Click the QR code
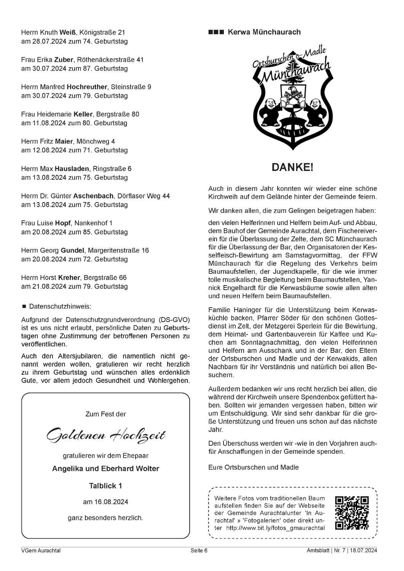[x=351, y=513]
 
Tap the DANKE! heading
[x=292, y=167]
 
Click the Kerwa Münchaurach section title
[x=264, y=32]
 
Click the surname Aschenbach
[x=93, y=196]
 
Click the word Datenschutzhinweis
[x=60, y=306]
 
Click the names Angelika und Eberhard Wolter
[x=105, y=469]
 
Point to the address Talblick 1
[x=105, y=486]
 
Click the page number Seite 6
[x=199, y=550]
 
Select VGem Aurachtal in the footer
[x=41, y=550]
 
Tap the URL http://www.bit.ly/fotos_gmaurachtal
[x=275, y=528]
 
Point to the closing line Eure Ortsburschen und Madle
[x=253, y=467]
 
